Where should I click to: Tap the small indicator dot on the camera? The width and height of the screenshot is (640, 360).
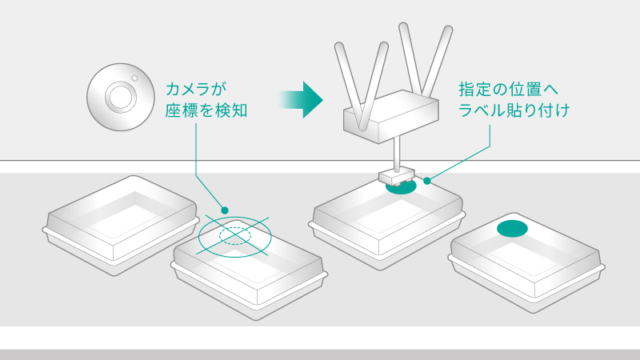(135, 78)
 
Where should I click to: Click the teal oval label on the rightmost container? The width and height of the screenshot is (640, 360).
(513, 229)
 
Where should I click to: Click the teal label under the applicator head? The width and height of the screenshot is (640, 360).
(399, 190)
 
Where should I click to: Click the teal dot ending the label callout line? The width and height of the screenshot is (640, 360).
(427, 181)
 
